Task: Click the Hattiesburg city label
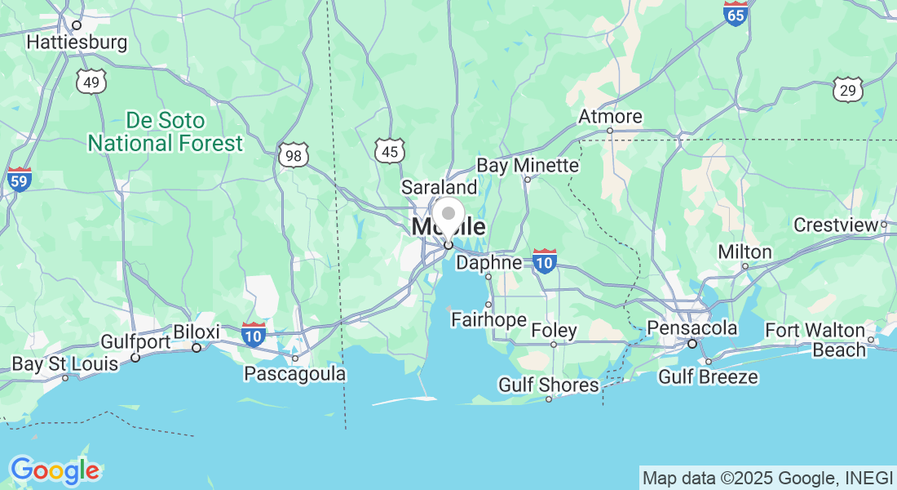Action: coord(77,42)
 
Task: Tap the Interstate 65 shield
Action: coord(736,13)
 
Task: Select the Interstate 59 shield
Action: coord(19,179)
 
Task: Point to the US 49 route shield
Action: coord(93,81)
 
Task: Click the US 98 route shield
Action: coord(293,155)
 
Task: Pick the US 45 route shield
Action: coord(390,150)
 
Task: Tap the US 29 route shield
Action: coord(849,90)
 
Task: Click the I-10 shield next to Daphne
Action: coord(545,261)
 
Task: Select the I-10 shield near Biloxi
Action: coord(254,334)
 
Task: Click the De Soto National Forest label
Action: coord(166,132)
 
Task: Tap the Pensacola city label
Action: coord(692,328)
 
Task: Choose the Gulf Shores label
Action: coord(548,385)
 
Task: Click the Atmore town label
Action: coord(610,117)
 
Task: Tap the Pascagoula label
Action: coord(295,374)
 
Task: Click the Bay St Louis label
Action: coord(65,363)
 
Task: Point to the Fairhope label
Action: coord(488,319)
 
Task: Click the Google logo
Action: coord(55,470)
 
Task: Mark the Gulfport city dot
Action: coord(135,358)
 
